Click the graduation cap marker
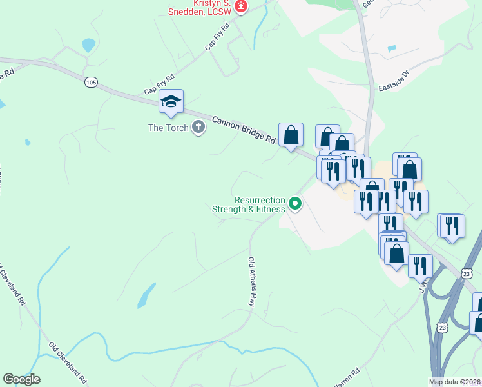(171, 102)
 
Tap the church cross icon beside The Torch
(198, 127)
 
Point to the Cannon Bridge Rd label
(244, 129)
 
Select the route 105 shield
(91, 82)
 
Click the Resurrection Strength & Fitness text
(250, 204)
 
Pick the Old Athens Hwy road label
(251, 281)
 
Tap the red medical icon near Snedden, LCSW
(241, 7)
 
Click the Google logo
(21, 380)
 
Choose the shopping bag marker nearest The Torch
(291, 135)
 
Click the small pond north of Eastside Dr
(391, 48)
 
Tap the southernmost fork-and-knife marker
(420, 266)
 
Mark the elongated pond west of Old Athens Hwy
(146, 295)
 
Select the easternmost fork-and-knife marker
(452, 226)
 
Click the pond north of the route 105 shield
(88, 45)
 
